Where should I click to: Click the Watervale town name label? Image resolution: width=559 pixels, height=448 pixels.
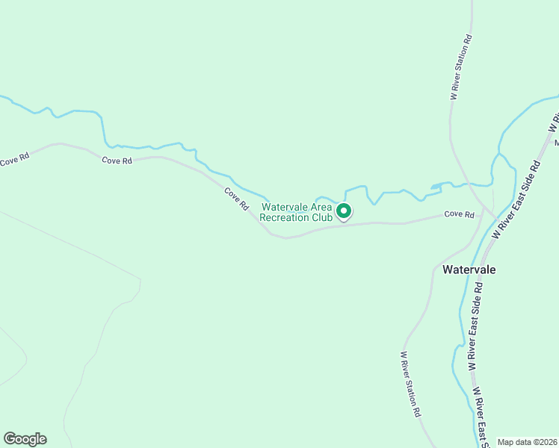[469, 269]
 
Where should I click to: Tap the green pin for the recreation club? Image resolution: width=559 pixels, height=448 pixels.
[344, 212]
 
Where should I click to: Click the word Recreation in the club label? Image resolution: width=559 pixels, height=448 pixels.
[289, 218]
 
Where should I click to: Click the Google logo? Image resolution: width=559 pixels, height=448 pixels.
[25, 439]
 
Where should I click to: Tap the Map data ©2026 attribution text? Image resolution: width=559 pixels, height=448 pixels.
[526, 442]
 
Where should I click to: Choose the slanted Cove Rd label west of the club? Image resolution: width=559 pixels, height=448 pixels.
[236, 198]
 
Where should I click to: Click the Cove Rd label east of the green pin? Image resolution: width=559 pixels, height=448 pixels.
[459, 215]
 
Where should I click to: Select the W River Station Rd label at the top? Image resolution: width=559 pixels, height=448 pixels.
[461, 67]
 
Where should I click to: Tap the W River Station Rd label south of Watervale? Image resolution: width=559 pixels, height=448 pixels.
[411, 384]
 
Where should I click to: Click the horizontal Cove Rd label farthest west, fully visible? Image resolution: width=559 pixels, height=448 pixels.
[117, 161]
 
